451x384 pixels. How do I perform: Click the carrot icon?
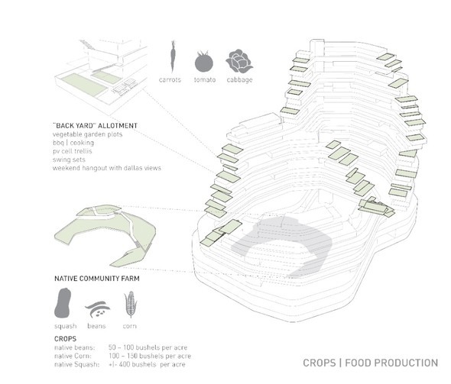pos(172,56)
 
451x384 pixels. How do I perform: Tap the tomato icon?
pos(204,62)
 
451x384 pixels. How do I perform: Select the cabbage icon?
pos(239,61)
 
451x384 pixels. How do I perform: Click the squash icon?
pos(63,302)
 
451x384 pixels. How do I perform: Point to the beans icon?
pos(98,308)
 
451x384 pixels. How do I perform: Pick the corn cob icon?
pos(130,304)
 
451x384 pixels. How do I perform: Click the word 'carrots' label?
pos(170,79)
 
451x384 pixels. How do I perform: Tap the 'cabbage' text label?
pos(239,79)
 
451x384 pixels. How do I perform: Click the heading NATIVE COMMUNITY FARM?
pos(97,279)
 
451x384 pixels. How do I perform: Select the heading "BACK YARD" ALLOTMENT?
pos(96,125)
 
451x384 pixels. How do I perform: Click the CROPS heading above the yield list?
pos(65,339)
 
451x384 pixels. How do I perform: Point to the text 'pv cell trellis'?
pos(72,151)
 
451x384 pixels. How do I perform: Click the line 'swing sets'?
pos(69,160)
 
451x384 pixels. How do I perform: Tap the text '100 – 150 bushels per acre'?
pos(150,356)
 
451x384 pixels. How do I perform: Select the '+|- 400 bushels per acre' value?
pos(147,364)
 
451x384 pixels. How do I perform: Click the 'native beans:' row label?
pos(74,347)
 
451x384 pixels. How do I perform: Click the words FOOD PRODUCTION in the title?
pos(391,363)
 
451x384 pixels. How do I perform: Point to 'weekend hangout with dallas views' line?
pos(107,168)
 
